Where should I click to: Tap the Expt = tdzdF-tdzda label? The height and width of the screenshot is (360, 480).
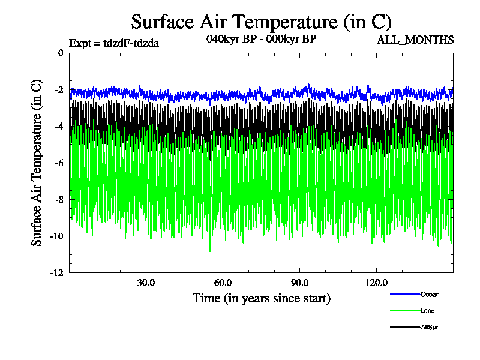pyautogui.click(x=114, y=43)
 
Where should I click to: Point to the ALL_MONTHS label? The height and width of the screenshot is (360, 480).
pyautogui.click(x=415, y=40)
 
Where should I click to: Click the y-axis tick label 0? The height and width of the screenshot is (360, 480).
pyautogui.click(x=61, y=53)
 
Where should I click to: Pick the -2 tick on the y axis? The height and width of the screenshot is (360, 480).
pyautogui.click(x=59, y=90)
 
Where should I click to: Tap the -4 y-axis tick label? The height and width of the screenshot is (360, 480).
pyautogui.click(x=59, y=127)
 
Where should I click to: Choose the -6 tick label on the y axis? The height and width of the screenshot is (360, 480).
pyautogui.click(x=59, y=163)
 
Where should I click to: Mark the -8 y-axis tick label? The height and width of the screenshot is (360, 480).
pyautogui.click(x=59, y=200)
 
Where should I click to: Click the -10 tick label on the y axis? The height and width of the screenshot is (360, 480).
pyautogui.click(x=57, y=236)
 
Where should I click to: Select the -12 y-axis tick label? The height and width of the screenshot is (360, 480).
pyautogui.click(x=57, y=273)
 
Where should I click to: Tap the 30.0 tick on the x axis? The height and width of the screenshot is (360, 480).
pyautogui.click(x=146, y=283)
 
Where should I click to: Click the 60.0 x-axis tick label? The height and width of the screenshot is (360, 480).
pyautogui.click(x=223, y=283)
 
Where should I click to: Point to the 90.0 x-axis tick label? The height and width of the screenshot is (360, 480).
pyautogui.click(x=299, y=283)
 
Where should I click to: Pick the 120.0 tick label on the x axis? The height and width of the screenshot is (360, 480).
pyautogui.click(x=376, y=283)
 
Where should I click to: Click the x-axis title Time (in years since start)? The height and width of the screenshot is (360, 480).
pyautogui.click(x=261, y=298)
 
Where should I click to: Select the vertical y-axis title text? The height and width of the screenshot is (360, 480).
pyautogui.click(x=37, y=163)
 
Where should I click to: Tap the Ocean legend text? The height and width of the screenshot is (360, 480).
pyautogui.click(x=430, y=294)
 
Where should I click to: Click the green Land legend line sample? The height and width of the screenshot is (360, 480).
pyautogui.click(x=404, y=311)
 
